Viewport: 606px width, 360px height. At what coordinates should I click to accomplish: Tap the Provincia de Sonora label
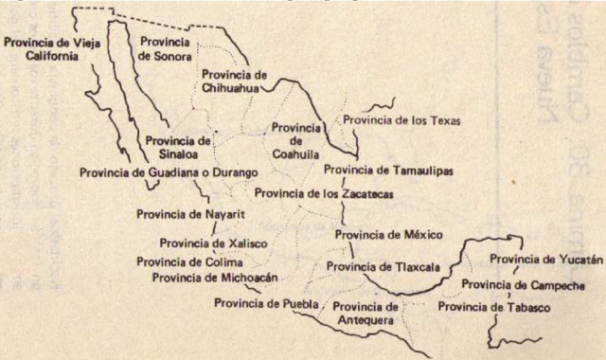coord(168,48)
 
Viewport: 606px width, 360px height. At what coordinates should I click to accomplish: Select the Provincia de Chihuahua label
coord(233,81)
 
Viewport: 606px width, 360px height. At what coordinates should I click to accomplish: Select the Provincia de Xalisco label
coord(213,243)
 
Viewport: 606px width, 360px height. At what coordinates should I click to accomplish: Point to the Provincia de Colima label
coord(189,261)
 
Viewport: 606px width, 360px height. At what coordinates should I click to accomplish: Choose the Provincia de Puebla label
coord(261,303)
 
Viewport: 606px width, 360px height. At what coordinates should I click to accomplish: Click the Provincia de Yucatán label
coord(544,260)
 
